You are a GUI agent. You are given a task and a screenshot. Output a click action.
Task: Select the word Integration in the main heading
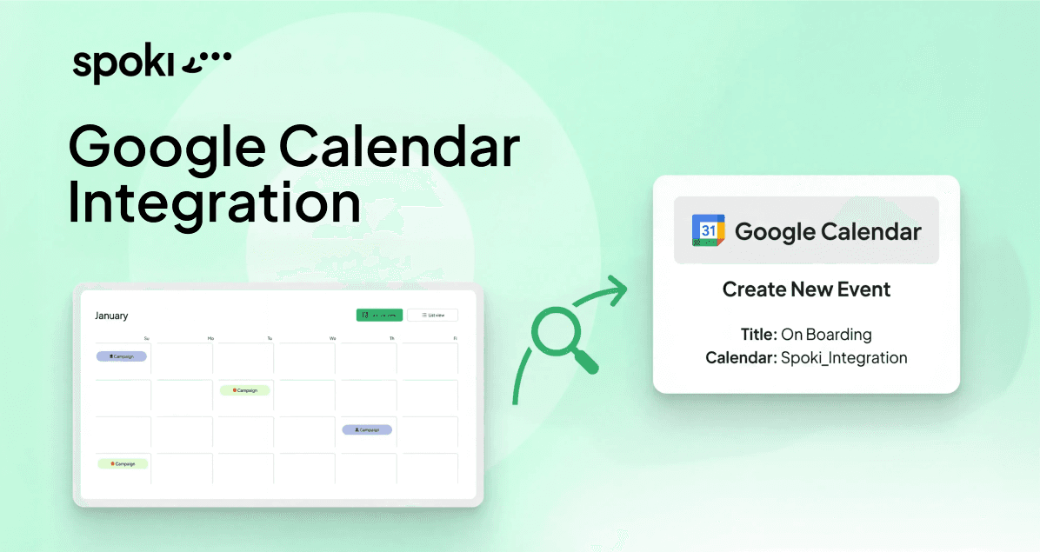[x=214, y=203]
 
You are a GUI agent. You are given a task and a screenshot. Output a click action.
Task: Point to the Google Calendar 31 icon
[x=708, y=230]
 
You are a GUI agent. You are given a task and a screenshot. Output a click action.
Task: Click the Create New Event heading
[x=806, y=289]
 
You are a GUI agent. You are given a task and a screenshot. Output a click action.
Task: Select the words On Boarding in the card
[x=826, y=335]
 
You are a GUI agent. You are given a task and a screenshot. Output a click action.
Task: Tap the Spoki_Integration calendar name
[x=843, y=357]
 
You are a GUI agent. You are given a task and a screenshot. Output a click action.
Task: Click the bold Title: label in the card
[x=759, y=335]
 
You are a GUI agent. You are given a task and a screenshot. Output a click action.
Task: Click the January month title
[x=111, y=316]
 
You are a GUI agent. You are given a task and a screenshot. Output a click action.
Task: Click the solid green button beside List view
[x=379, y=315]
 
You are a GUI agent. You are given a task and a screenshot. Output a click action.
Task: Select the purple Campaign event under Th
[x=367, y=429]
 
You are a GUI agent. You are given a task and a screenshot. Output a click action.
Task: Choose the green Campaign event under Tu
[x=244, y=390]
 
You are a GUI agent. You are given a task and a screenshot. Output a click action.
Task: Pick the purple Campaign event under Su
[x=122, y=356]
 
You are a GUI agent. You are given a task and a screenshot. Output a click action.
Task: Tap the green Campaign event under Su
[x=123, y=464]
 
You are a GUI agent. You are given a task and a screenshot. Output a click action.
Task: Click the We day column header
[x=332, y=337]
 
